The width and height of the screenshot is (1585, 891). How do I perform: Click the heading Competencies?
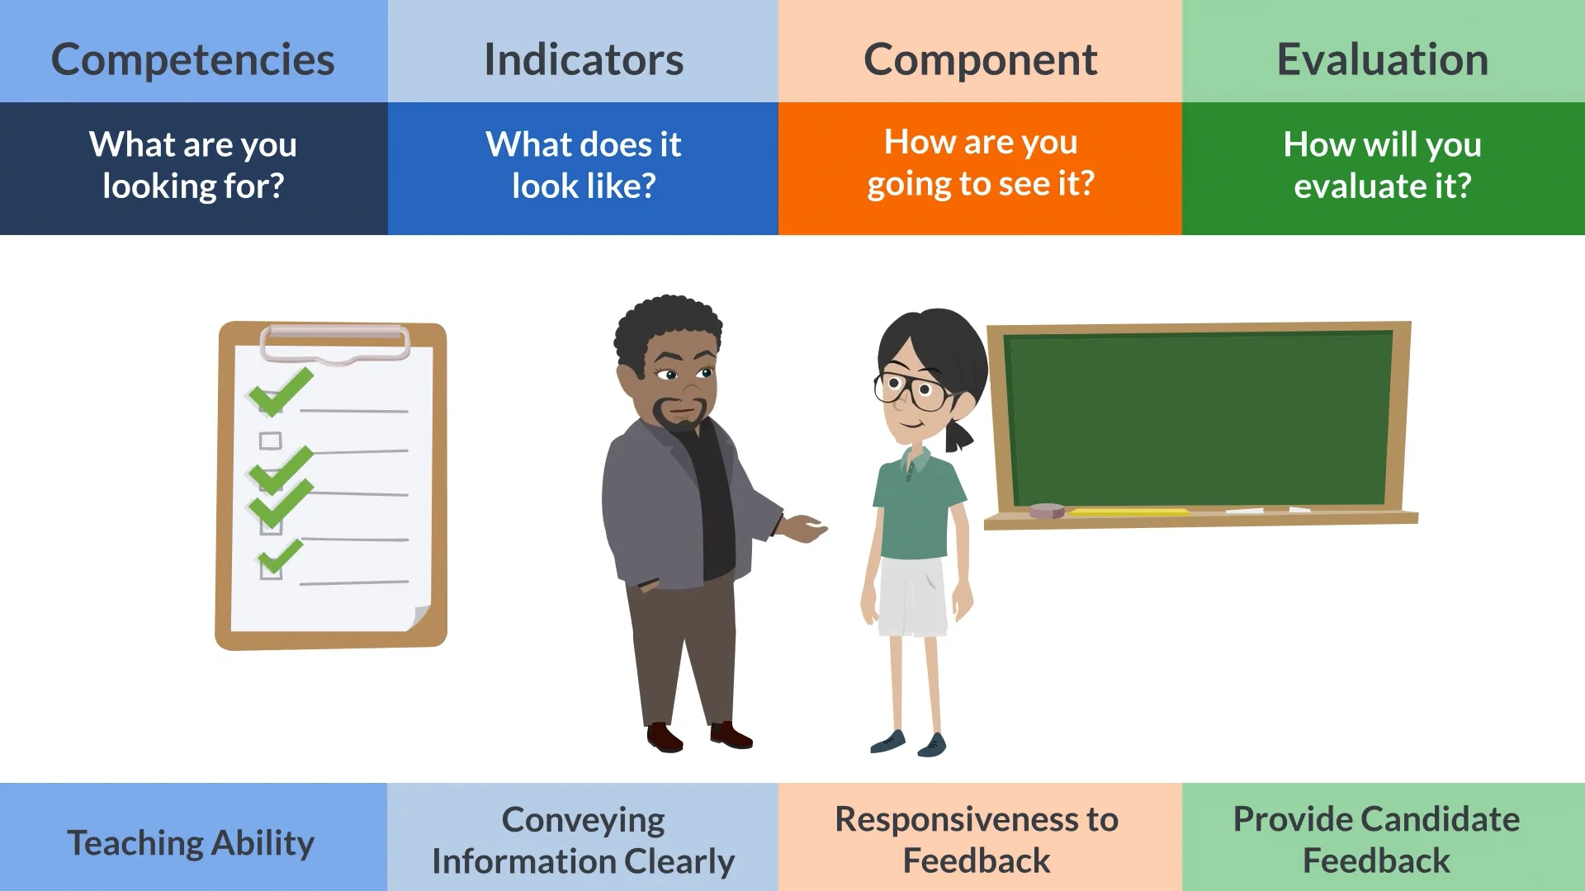pos(192,59)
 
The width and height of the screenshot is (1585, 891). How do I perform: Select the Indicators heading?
pos(583,59)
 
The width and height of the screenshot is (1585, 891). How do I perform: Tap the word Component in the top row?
pos(980,59)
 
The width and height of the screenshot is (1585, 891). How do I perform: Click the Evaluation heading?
pos(1382,59)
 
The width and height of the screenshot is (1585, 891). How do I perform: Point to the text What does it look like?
pos(583,165)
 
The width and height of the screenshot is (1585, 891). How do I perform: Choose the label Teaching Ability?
pos(191,842)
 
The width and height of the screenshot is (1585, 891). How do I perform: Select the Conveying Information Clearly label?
pos(583,840)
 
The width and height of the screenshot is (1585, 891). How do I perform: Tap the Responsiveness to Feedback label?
pos(977,839)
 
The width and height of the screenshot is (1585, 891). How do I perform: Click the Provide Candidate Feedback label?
pos(1375,839)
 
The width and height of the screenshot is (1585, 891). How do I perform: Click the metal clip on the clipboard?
pos(334,342)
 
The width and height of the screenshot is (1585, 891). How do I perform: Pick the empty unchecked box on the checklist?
pos(270,441)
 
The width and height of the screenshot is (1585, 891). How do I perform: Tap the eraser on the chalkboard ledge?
pos(1047,511)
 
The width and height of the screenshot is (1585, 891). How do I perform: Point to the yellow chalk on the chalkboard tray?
pos(1128,512)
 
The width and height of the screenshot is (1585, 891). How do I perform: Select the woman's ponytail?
pos(958,434)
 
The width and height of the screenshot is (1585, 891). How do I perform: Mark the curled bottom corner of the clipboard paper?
pos(419,618)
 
